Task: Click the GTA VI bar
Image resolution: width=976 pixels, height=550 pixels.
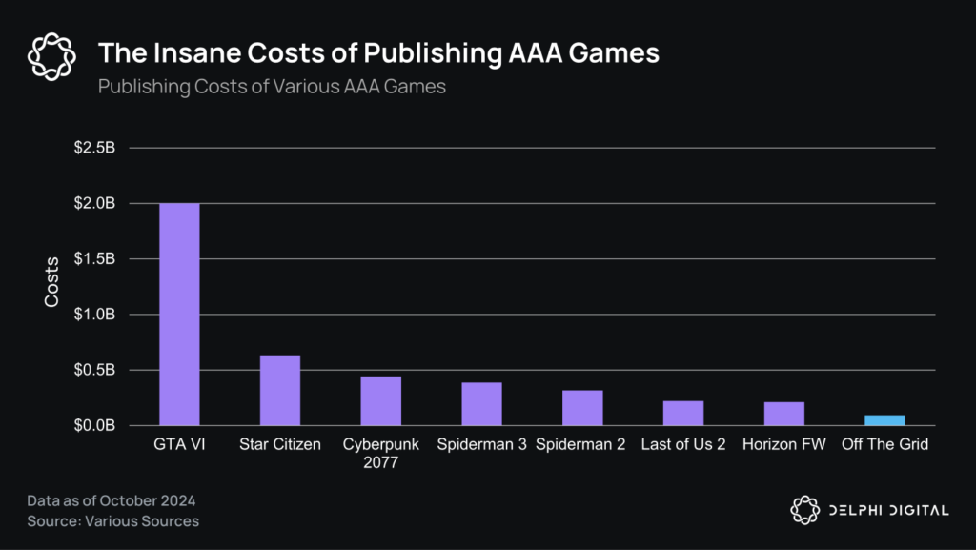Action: pyautogui.click(x=179, y=315)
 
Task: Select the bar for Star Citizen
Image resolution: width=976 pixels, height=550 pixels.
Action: pyautogui.click(x=280, y=391)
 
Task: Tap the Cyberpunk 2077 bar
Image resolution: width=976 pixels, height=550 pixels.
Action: pyautogui.click(x=380, y=401)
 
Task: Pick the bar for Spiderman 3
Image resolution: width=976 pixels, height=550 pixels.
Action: pyautogui.click(x=481, y=404)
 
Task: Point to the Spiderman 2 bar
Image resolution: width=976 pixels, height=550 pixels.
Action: pyautogui.click(x=582, y=408)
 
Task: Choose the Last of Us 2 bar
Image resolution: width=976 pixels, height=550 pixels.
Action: pyautogui.click(x=683, y=414)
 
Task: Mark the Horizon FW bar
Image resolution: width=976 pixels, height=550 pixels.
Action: pyautogui.click(x=783, y=414)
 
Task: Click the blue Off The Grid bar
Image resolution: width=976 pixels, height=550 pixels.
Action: pyautogui.click(x=884, y=420)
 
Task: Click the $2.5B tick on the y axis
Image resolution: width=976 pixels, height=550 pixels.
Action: pyautogui.click(x=94, y=149)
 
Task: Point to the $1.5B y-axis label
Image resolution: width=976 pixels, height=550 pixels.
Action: pyautogui.click(x=94, y=259)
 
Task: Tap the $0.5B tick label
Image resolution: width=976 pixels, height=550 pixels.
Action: pyautogui.click(x=94, y=370)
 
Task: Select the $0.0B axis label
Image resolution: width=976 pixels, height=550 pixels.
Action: pyautogui.click(x=94, y=426)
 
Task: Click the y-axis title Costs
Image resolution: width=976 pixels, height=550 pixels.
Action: pyautogui.click(x=53, y=282)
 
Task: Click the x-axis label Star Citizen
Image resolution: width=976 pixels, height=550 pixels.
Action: pyautogui.click(x=280, y=445)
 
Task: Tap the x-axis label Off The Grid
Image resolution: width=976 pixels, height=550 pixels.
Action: pyautogui.click(x=884, y=445)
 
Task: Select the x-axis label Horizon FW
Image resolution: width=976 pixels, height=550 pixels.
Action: pyautogui.click(x=783, y=445)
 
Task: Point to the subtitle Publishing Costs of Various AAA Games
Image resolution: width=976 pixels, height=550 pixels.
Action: pyautogui.click(x=272, y=85)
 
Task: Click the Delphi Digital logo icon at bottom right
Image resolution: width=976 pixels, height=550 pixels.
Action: pyautogui.click(x=805, y=510)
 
